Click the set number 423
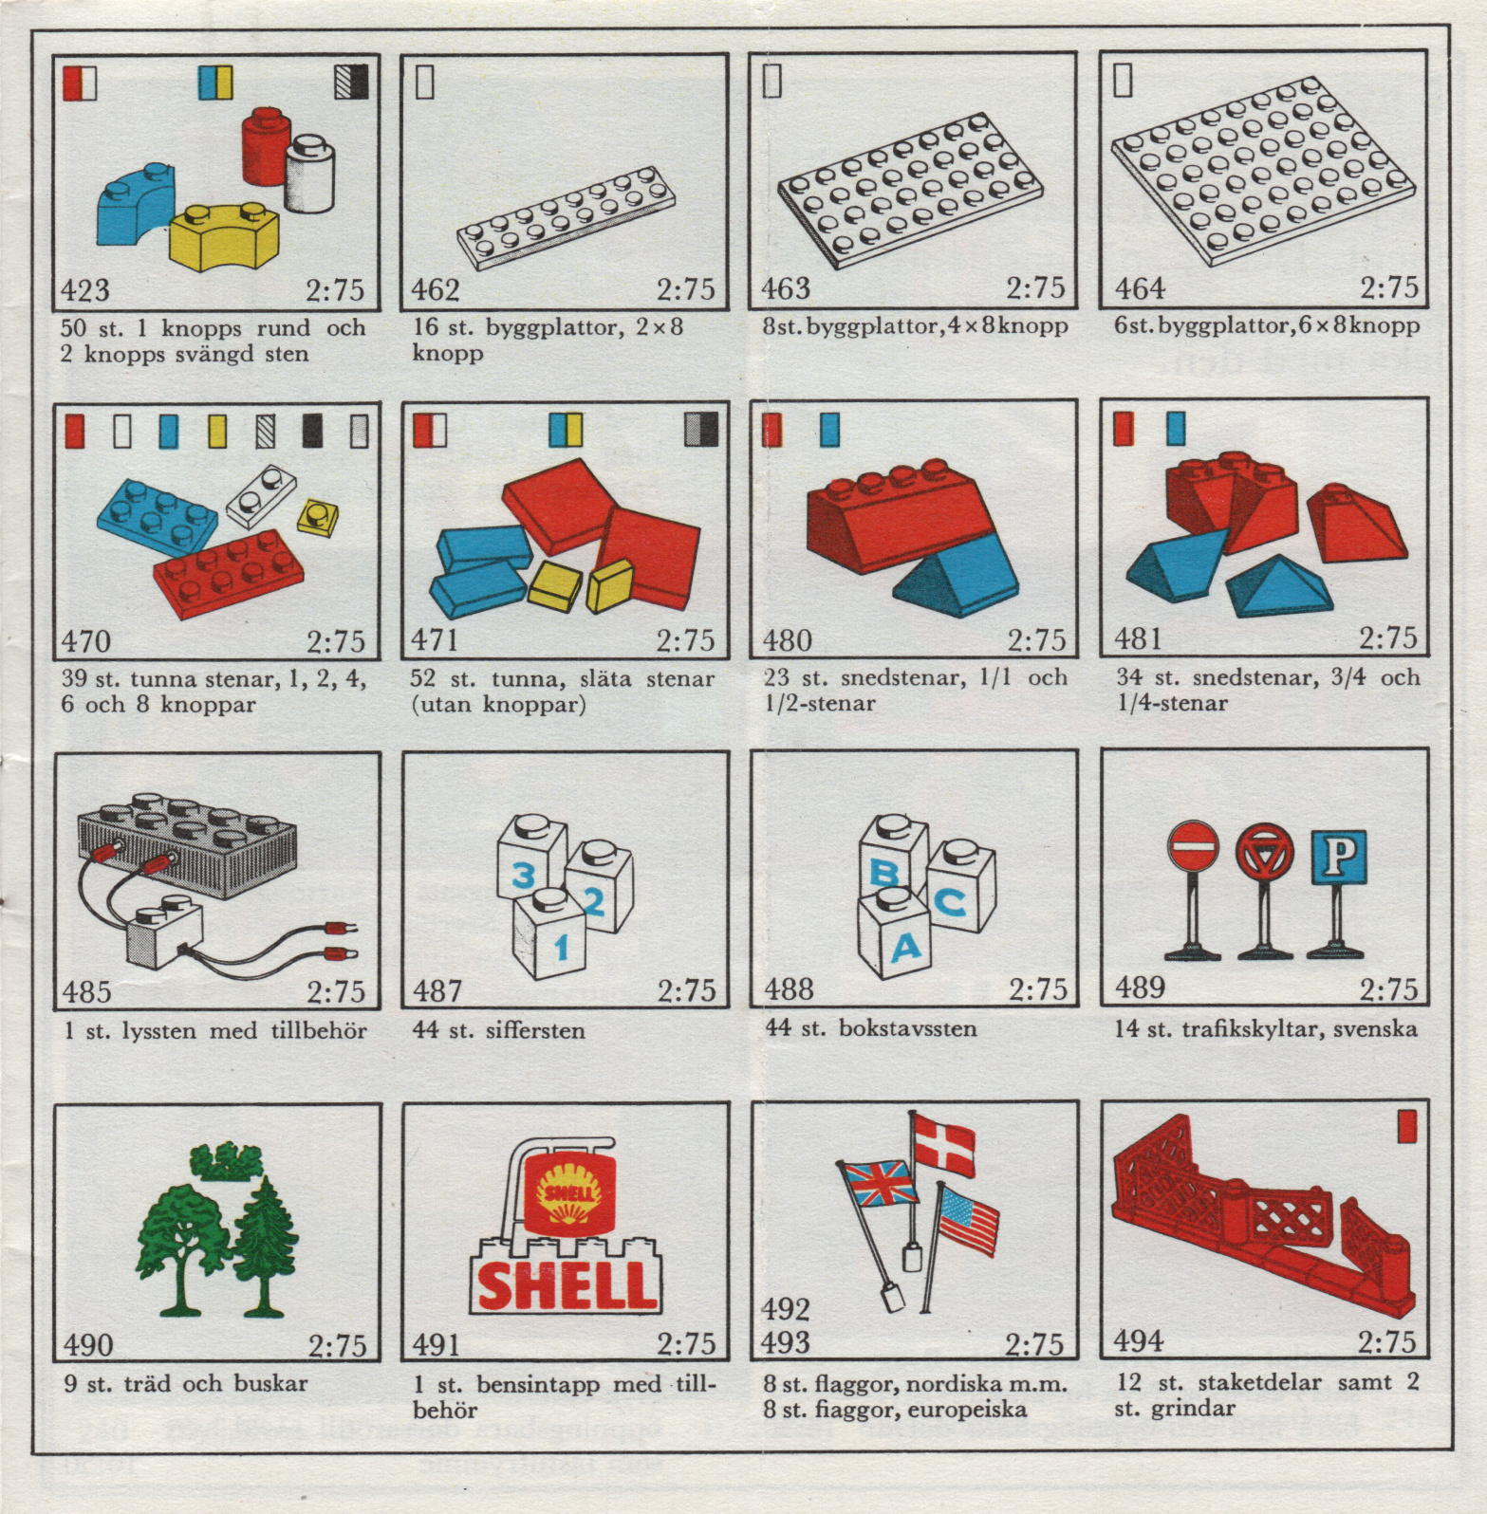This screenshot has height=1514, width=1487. pos(85,289)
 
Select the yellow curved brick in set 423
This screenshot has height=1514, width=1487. pos(224,235)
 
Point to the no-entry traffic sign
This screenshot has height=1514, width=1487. pos(1193,845)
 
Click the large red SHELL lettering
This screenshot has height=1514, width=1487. pos(567,1284)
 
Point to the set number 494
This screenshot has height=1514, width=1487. pos(1139,1340)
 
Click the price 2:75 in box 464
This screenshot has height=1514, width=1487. pos(1388,287)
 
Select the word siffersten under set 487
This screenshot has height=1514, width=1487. pos(535,1030)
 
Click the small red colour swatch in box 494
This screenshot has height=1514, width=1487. pos(1407,1126)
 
